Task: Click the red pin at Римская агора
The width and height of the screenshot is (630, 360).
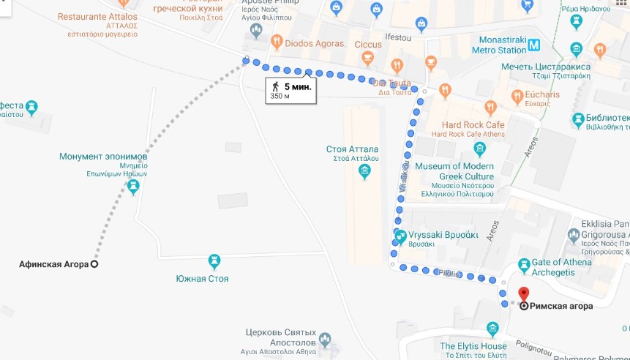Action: coord(523,294)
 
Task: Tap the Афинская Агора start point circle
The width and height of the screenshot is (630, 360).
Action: coord(94,264)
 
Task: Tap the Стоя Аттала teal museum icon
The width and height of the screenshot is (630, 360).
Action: coord(364,171)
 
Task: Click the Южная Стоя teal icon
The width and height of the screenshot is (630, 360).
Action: coord(214,261)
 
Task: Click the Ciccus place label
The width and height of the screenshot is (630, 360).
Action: coord(369,45)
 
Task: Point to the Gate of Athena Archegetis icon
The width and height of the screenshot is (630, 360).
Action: coord(524,264)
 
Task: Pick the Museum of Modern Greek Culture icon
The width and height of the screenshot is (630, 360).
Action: coord(479,150)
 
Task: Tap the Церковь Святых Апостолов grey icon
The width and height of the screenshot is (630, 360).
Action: coord(324,339)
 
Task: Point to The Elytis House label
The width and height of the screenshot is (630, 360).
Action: coord(473,346)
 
